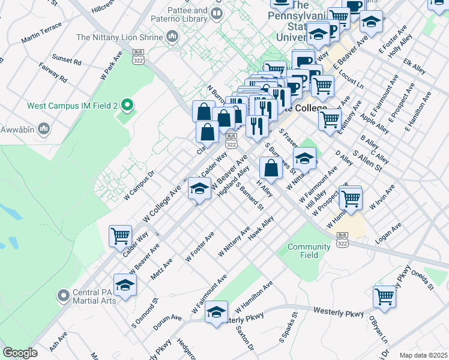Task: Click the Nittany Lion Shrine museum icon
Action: (x=173, y=37)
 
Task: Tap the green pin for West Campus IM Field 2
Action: (x=127, y=106)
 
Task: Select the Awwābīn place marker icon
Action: (x=43, y=128)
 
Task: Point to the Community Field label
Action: (x=309, y=251)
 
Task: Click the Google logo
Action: (x=20, y=353)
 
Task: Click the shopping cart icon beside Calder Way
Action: (x=120, y=236)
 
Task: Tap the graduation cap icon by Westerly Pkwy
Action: (x=217, y=313)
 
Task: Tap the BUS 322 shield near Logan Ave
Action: (x=343, y=238)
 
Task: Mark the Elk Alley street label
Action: (x=415, y=65)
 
